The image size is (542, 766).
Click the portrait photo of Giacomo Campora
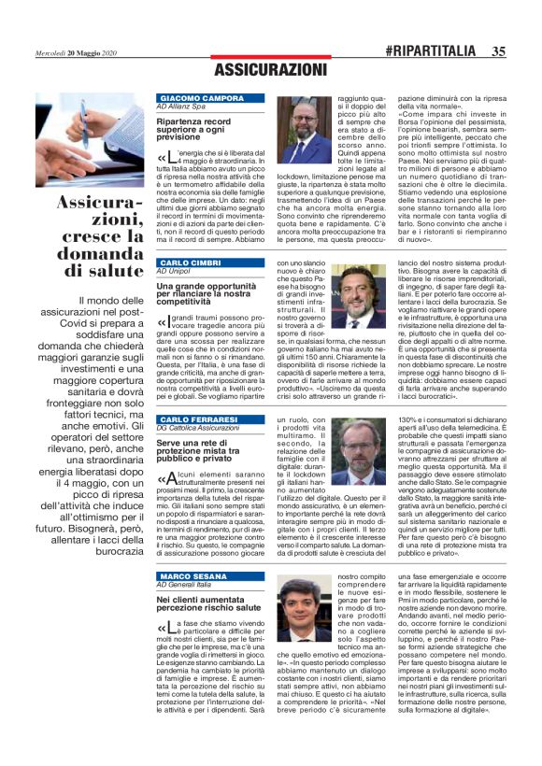click(304, 131)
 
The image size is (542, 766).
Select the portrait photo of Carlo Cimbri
click(359, 296)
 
